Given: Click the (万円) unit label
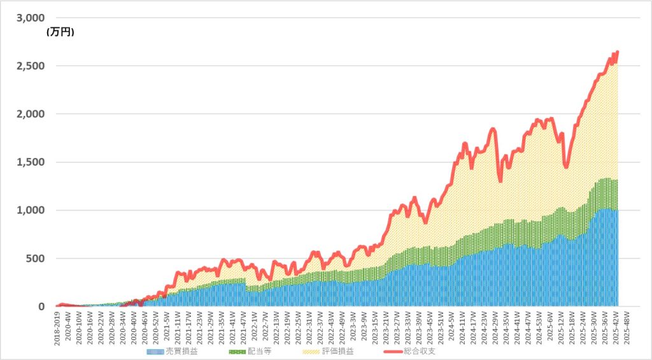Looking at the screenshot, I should pyautogui.click(x=60, y=32).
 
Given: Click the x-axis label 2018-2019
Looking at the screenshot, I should pyautogui.click(x=57, y=326).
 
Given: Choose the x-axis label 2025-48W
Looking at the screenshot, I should pyautogui.click(x=627, y=326).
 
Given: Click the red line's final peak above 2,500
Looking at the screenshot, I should pyautogui.click(x=618, y=52).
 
